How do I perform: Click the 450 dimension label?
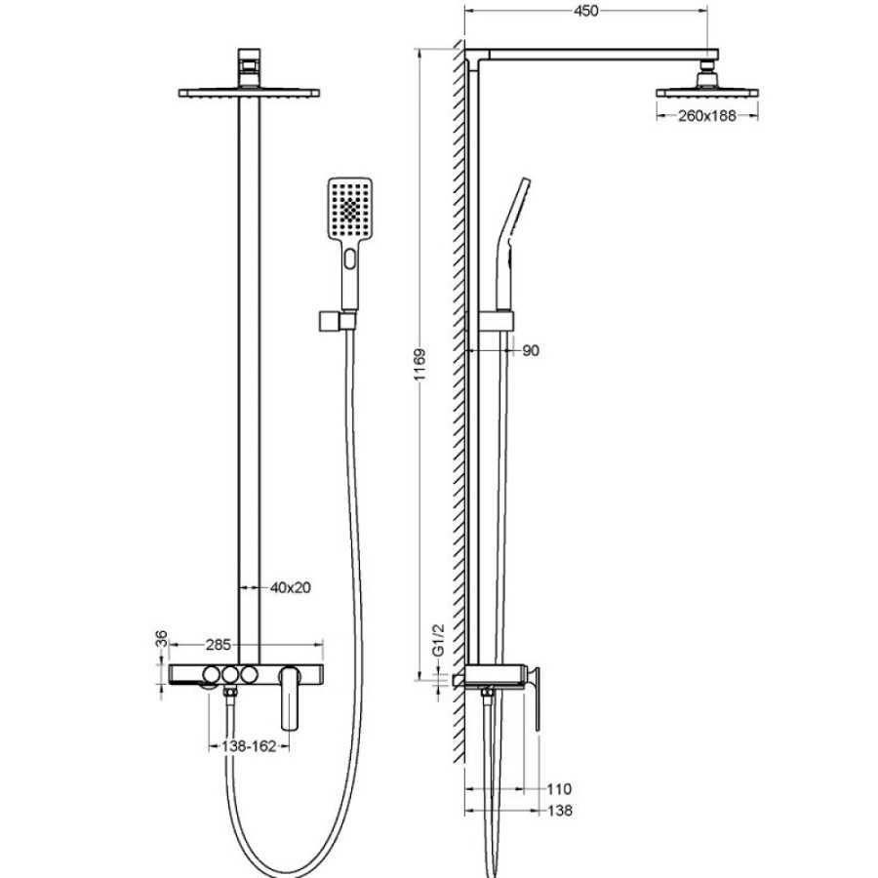pyautogui.click(x=586, y=11)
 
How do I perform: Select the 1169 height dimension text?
pyautogui.click(x=420, y=365)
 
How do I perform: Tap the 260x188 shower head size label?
pyautogui.click(x=707, y=116)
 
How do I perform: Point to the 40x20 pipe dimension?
pyautogui.click(x=290, y=587)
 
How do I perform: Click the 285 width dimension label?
pyautogui.click(x=218, y=645)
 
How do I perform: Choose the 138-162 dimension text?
pyautogui.click(x=249, y=746)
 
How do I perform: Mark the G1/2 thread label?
pyautogui.click(x=438, y=639)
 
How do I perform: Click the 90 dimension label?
pyautogui.click(x=531, y=350)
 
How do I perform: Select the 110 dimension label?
pyautogui.click(x=559, y=789)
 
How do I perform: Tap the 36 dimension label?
pyautogui.click(x=161, y=638)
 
